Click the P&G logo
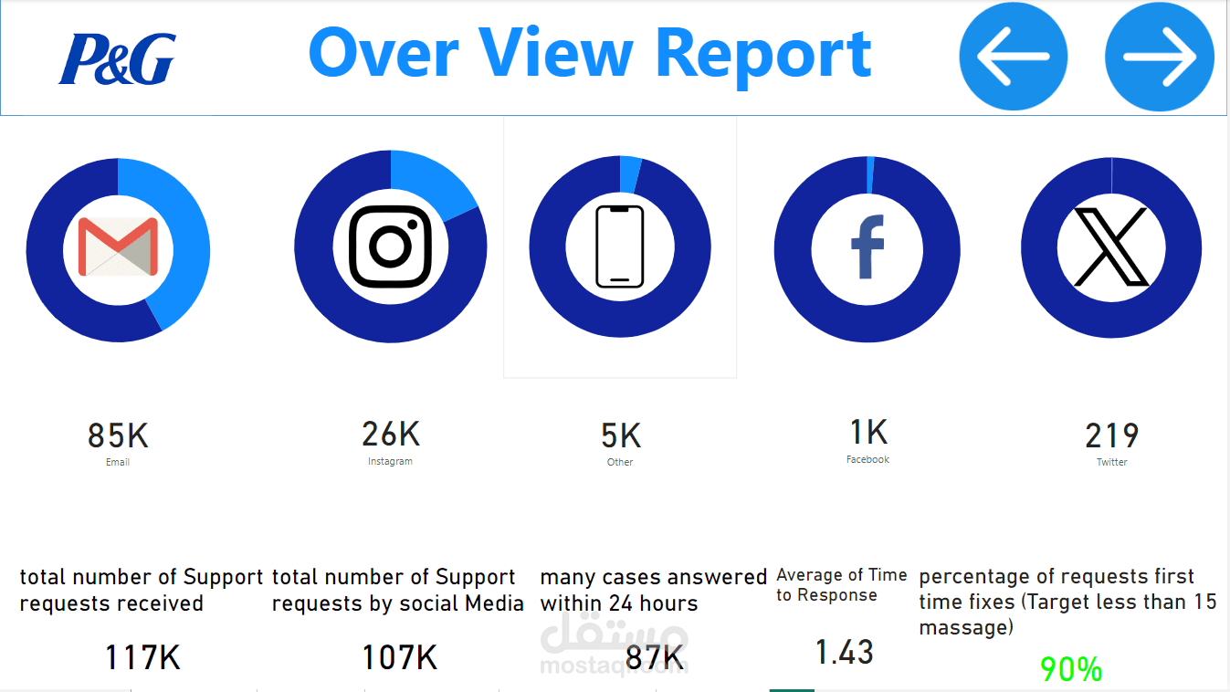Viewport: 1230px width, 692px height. (117, 58)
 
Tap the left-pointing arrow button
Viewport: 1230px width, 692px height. (1013, 56)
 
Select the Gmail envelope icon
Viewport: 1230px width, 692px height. (118, 246)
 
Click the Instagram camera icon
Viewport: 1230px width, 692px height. (391, 246)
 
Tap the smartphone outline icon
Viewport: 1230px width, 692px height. (620, 246)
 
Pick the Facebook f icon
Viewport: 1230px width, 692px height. (867, 246)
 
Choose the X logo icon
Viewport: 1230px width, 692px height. (1111, 246)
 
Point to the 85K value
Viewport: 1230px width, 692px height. (118, 435)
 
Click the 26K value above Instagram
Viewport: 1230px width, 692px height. (391, 434)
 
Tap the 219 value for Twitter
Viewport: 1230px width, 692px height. (1112, 436)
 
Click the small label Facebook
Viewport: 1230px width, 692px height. (867, 459)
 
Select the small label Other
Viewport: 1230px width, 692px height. (620, 462)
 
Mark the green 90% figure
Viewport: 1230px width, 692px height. (1071, 669)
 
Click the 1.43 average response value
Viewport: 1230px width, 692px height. (845, 653)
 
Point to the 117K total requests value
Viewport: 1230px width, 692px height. (142, 657)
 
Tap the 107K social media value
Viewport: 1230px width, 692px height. (400, 657)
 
